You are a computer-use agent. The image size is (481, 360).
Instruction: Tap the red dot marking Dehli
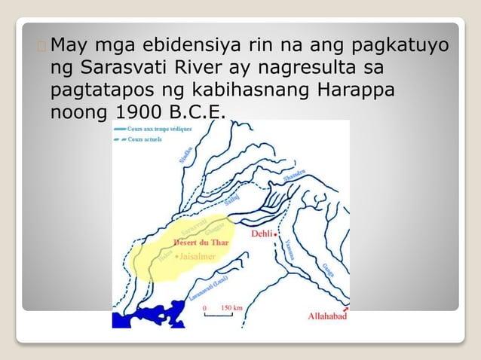coord(276,233)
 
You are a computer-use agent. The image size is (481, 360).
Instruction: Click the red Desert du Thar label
coord(201,243)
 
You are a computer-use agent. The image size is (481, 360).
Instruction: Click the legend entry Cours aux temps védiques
coord(158,129)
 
